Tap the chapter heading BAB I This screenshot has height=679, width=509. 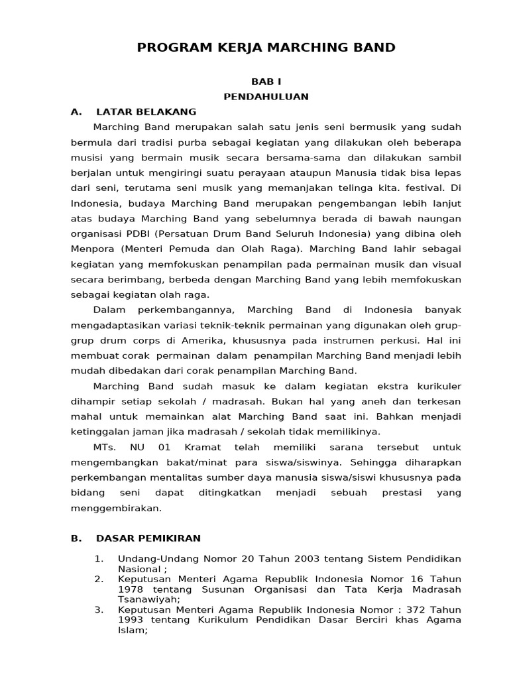[266, 82]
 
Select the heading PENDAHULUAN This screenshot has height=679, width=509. [266, 96]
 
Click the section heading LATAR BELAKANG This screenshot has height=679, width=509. [146, 111]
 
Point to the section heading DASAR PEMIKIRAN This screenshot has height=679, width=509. [148, 538]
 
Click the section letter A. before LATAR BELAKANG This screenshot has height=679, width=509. [76, 111]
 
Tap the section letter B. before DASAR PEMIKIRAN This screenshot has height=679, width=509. [76, 538]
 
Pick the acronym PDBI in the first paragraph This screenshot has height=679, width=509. [145, 233]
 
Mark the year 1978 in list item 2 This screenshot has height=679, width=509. [130, 589]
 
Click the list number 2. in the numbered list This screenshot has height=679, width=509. [99, 579]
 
